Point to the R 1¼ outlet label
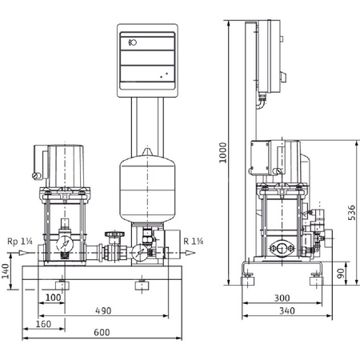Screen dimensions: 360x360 (194, 241)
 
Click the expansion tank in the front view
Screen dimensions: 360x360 (146, 189)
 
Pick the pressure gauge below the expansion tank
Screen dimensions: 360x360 (141, 251)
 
